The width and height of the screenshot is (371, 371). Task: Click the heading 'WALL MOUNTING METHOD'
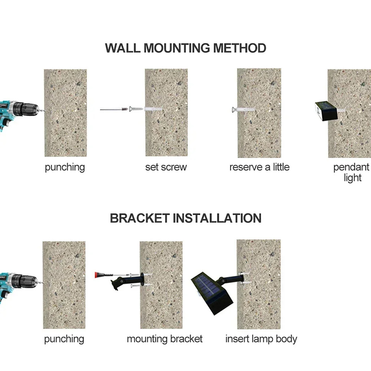tap(185, 48)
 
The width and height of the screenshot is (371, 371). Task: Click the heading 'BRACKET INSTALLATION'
tap(186, 218)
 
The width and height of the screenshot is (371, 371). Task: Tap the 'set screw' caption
tap(166, 167)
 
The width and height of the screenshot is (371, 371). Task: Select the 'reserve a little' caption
tap(259, 167)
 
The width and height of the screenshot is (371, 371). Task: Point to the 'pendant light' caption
tap(352, 172)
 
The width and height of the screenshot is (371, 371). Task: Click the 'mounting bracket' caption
tap(165, 339)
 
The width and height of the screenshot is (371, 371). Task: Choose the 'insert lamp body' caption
tap(261, 339)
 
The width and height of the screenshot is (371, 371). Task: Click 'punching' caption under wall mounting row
tap(65, 167)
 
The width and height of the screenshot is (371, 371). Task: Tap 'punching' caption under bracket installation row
tap(64, 339)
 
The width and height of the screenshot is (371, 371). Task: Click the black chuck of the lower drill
tap(25, 281)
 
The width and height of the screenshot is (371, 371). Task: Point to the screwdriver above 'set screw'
tap(114, 109)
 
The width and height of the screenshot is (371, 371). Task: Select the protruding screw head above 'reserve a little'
tap(234, 109)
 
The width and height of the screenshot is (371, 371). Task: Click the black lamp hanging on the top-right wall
tap(326, 111)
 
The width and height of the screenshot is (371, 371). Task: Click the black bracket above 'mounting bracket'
tap(128, 281)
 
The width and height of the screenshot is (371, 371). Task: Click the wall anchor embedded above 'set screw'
tap(153, 109)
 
